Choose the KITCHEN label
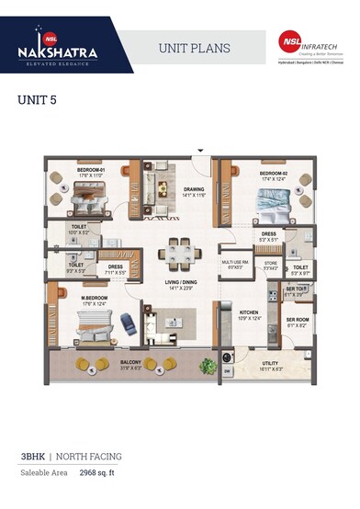(250, 313)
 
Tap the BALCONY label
(131, 363)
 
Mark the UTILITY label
(271, 364)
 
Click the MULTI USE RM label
(233, 263)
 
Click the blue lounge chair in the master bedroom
(127, 323)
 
